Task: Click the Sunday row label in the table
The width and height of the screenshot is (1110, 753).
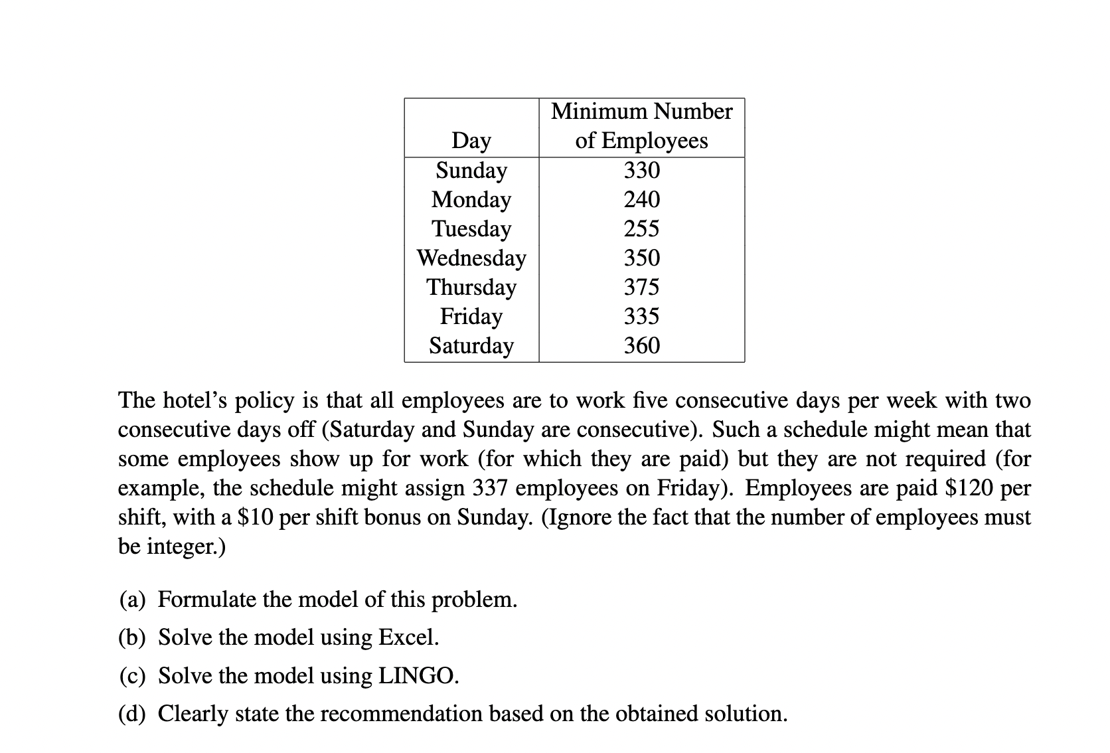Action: pos(471,171)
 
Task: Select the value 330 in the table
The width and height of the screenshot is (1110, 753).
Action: pos(641,171)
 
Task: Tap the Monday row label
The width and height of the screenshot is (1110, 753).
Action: pos(471,200)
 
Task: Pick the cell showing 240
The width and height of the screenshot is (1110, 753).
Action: pos(641,199)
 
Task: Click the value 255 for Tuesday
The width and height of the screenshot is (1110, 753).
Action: pos(641,228)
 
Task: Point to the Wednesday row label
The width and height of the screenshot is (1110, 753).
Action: pos(471,258)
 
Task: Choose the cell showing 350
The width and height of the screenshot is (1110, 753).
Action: pos(641,258)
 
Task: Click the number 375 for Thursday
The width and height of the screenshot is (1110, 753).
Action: pos(641,287)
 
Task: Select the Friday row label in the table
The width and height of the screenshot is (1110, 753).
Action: pos(471,316)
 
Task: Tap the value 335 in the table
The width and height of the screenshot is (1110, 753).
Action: pos(641,316)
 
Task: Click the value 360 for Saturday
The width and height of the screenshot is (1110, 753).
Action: pos(641,345)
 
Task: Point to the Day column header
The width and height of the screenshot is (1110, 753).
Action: pos(471,141)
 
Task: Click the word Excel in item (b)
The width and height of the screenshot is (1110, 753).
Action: pos(408,637)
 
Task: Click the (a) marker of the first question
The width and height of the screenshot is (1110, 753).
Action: pos(132,600)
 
